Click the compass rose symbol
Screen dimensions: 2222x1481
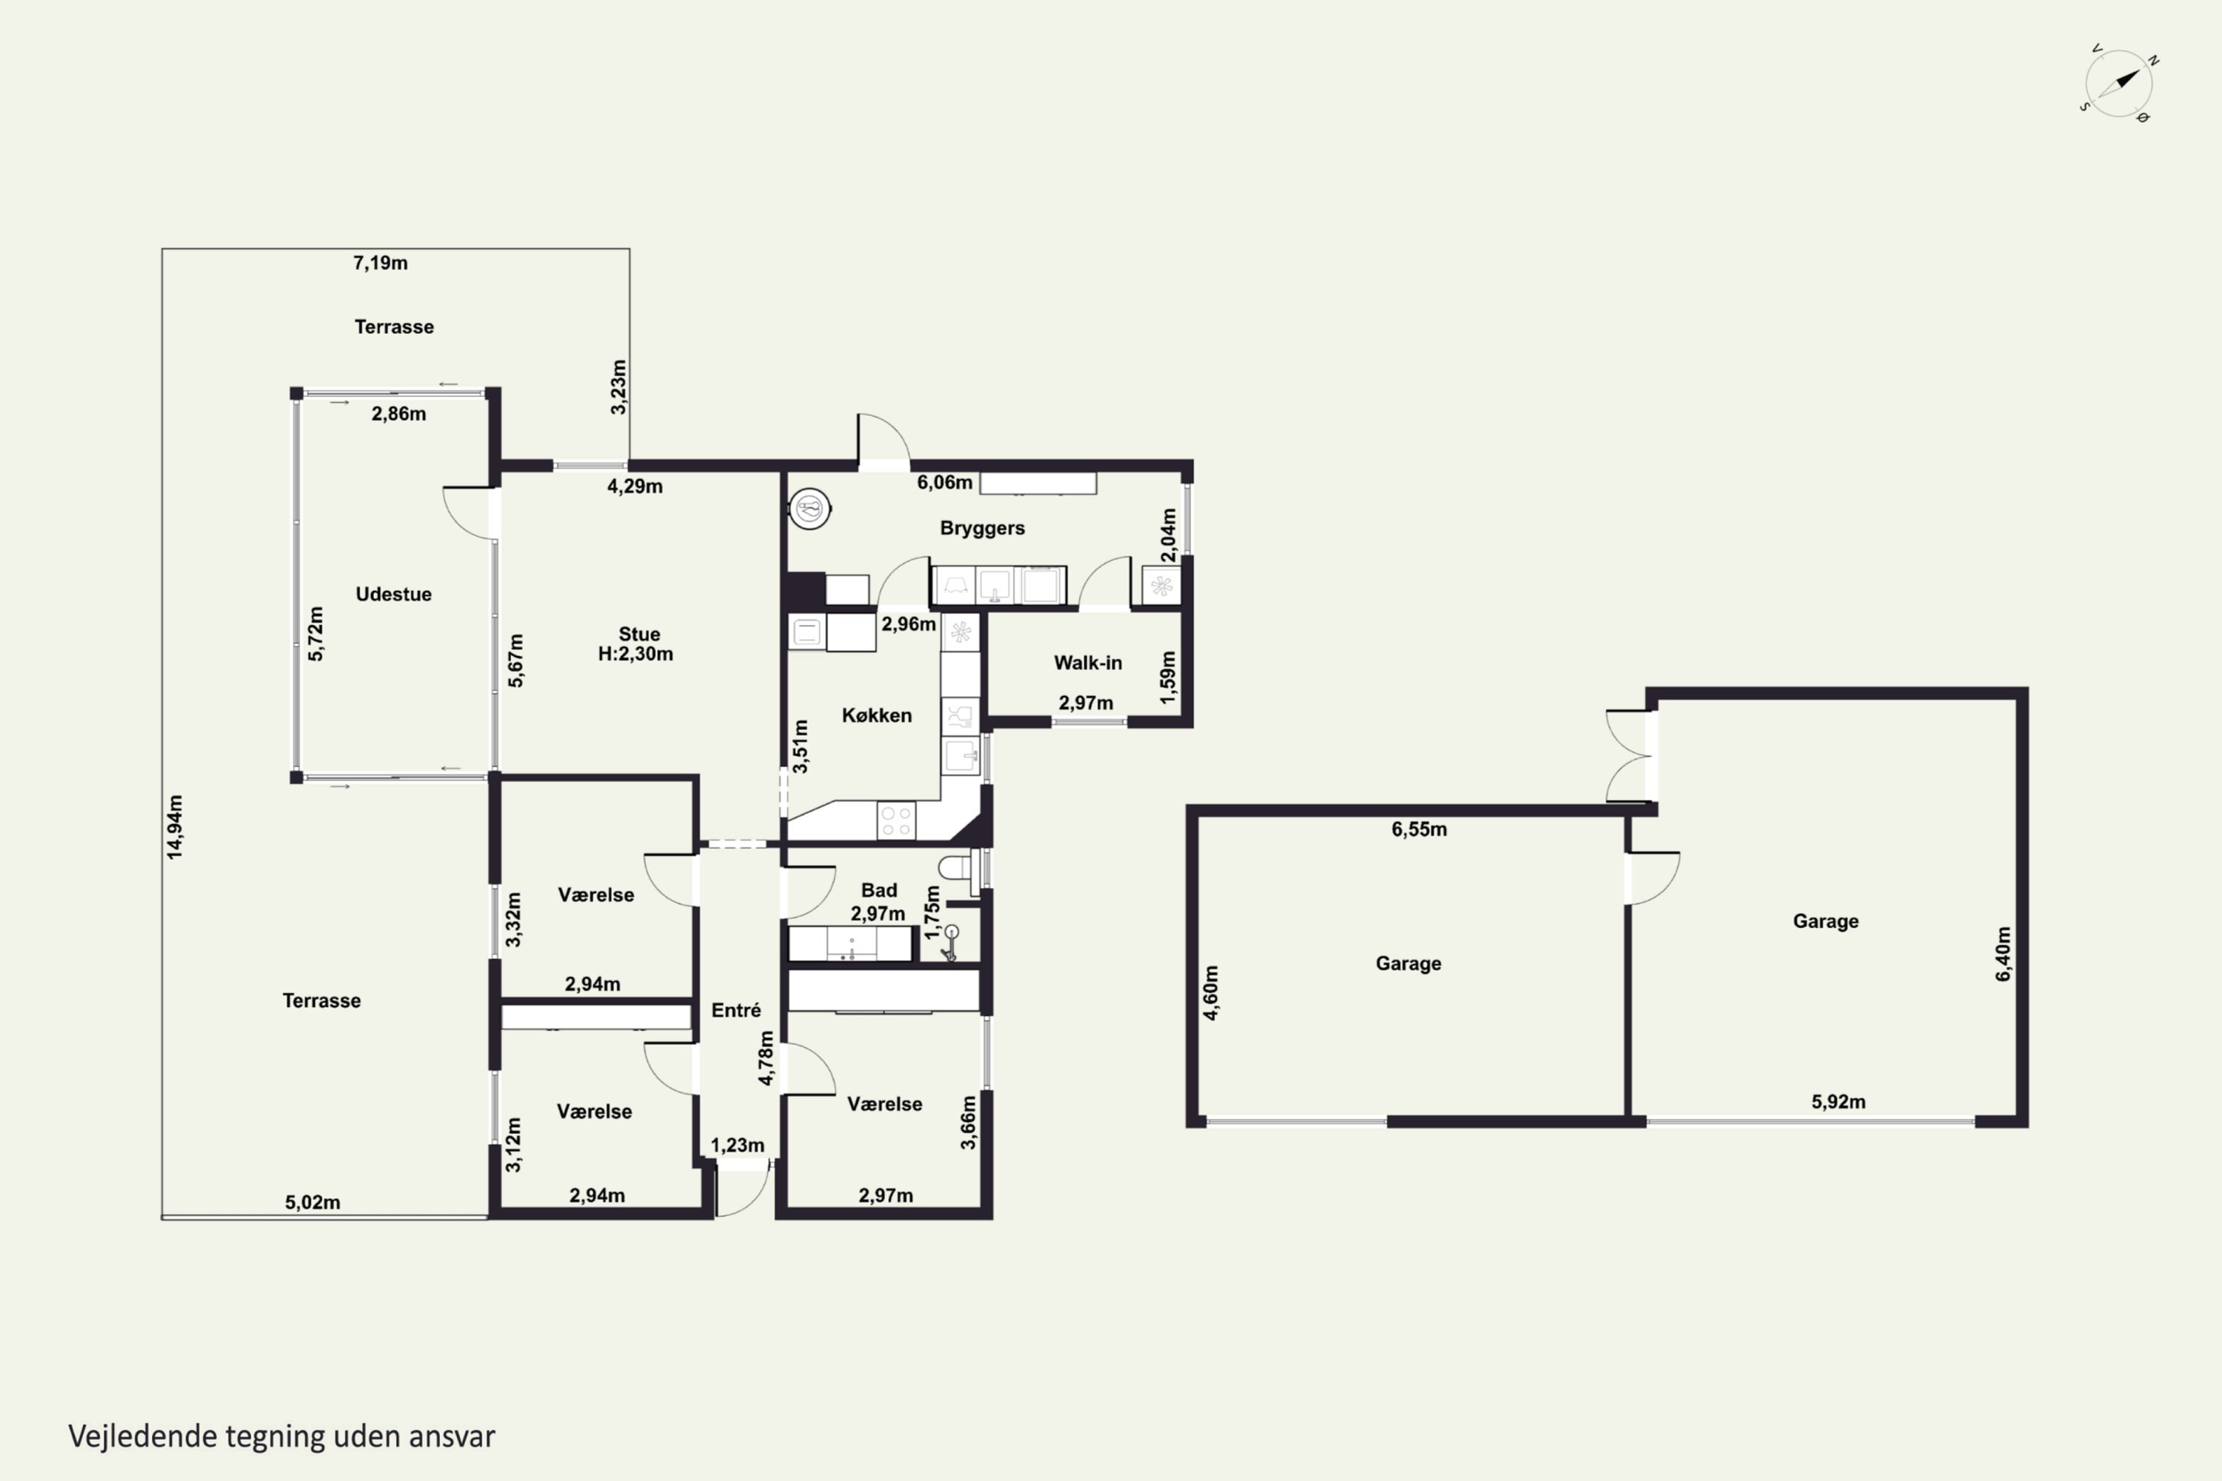click(x=2119, y=83)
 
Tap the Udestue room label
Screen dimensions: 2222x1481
click(x=393, y=594)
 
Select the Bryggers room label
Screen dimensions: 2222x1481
click(x=983, y=528)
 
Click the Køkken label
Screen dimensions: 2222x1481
click(x=877, y=715)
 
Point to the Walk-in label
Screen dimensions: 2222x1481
click(x=1088, y=663)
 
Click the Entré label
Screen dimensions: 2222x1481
click(x=736, y=1010)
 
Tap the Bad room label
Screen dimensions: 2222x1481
click(x=878, y=890)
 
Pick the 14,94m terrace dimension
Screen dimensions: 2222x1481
click(x=175, y=827)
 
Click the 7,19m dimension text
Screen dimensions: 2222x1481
click(x=381, y=263)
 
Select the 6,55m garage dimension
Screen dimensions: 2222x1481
click(x=1419, y=829)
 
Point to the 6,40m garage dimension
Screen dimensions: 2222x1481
click(x=2003, y=954)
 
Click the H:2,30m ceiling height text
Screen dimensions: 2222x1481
click(x=635, y=654)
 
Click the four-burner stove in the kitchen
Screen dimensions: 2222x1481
click(x=895, y=820)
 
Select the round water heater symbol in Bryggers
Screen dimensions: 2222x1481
click(x=810, y=509)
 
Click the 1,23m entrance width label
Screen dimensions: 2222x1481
click(x=738, y=1146)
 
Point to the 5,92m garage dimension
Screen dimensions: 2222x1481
click(x=1838, y=1101)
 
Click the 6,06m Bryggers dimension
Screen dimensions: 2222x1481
click(x=945, y=483)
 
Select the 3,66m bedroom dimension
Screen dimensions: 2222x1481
click(x=968, y=1122)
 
